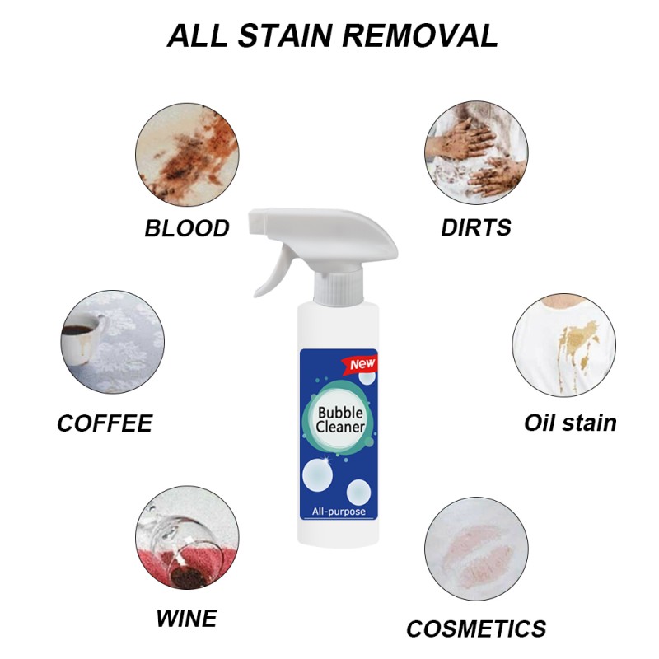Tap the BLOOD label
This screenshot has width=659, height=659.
[x=187, y=228]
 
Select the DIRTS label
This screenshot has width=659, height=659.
[x=476, y=227]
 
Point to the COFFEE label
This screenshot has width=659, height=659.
[x=105, y=423]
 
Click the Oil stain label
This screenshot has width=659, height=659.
[x=570, y=423]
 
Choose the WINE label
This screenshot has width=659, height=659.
[x=186, y=617]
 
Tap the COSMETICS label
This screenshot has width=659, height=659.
[x=476, y=629]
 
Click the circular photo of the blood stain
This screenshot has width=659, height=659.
[x=187, y=154]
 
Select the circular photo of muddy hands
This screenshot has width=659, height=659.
[x=476, y=154]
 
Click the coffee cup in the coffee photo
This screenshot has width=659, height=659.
[x=81, y=336]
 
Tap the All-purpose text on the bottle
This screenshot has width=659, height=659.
[x=339, y=512]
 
